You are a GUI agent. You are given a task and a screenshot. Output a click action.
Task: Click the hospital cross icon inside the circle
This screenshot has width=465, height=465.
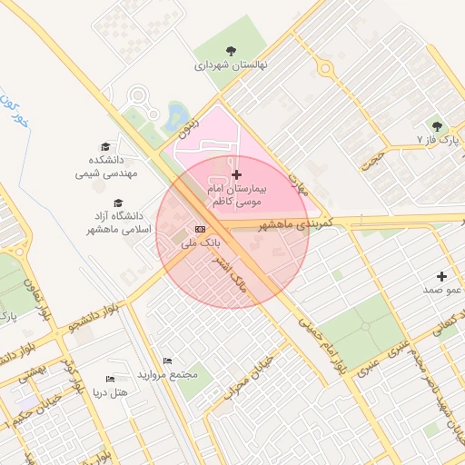click(x=237, y=174)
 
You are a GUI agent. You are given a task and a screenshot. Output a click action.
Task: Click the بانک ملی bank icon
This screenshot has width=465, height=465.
click(x=199, y=229)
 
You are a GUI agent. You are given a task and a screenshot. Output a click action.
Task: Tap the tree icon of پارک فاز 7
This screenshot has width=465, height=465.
click(x=437, y=126)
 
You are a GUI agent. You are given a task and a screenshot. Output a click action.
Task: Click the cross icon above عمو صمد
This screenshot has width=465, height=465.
click(x=442, y=275)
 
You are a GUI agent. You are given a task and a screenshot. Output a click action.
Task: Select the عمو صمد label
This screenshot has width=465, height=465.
click(x=443, y=290)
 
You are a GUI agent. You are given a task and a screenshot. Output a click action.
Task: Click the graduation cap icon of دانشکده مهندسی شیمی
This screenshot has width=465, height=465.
click(x=105, y=146)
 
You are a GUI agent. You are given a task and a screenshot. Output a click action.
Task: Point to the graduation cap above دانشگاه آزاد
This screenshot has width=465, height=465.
click(x=117, y=203)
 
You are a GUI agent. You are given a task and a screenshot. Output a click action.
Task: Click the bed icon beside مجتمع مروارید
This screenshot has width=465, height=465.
click(x=166, y=361)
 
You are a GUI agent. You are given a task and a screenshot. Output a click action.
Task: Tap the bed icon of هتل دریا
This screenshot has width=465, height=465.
click(x=110, y=378)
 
